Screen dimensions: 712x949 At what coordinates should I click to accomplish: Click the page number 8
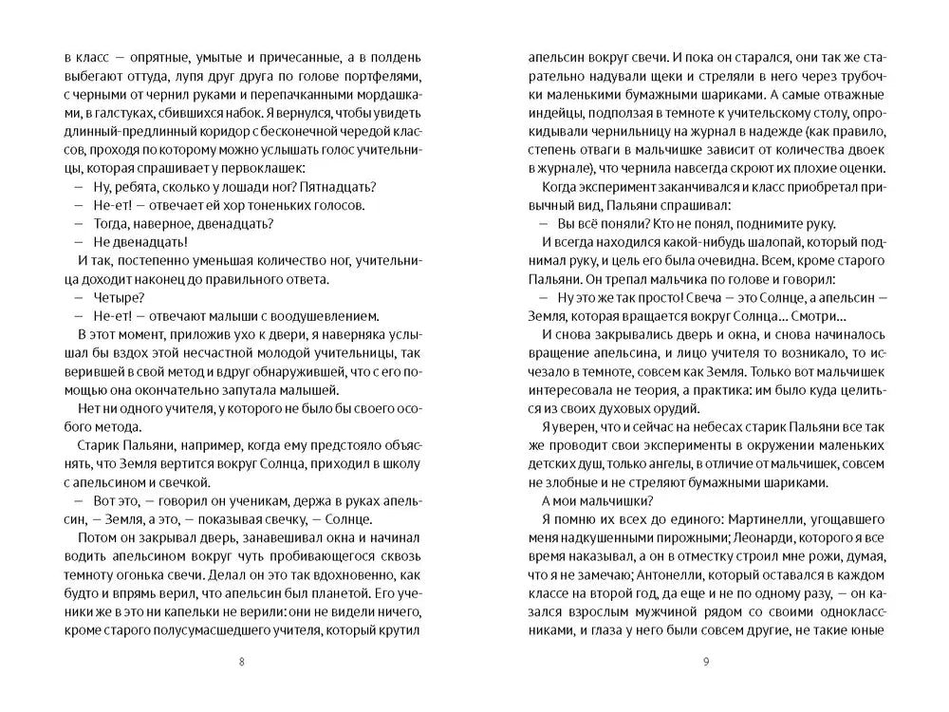point(240,662)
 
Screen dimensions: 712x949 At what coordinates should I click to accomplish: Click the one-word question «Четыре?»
point(113,298)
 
